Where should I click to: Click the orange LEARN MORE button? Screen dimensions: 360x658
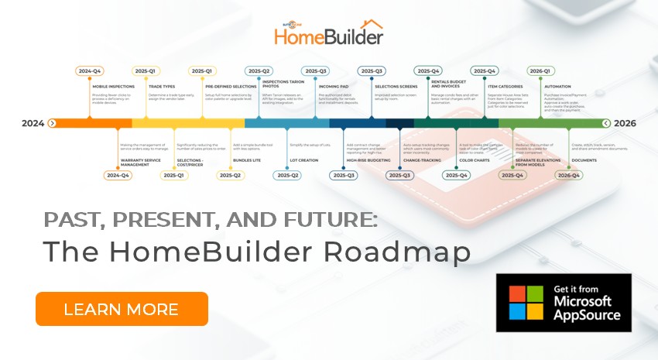(x=122, y=309)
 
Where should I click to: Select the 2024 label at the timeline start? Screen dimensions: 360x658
(x=33, y=123)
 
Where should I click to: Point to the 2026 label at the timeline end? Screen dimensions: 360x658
(x=625, y=123)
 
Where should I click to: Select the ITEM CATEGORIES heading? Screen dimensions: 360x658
(x=504, y=87)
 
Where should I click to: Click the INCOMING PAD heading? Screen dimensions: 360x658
(x=334, y=87)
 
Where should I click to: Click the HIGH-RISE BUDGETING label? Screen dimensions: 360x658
(x=368, y=161)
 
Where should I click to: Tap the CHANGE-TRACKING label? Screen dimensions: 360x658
(x=423, y=161)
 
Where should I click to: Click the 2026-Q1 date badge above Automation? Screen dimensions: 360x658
(x=540, y=70)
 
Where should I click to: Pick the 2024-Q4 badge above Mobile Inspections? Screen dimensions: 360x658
(x=91, y=70)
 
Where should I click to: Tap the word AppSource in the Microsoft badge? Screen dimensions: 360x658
(x=587, y=315)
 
